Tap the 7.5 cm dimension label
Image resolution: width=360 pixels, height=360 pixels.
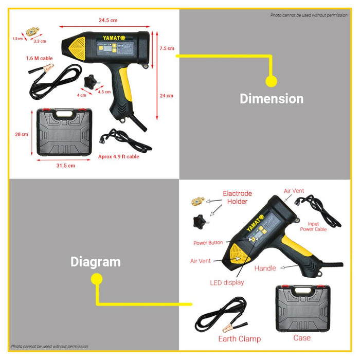pyautogui.click(x=166, y=48)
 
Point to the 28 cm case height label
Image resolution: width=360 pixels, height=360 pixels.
pyautogui.click(x=21, y=134)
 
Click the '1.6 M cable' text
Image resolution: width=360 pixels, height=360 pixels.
pyautogui.click(x=40, y=59)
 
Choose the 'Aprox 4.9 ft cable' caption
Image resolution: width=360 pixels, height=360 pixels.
pyautogui.click(x=118, y=156)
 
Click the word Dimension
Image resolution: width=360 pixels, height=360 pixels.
pyautogui.click(x=271, y=98)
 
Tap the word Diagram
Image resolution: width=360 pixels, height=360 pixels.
pyautogui.click(x=95, y=262)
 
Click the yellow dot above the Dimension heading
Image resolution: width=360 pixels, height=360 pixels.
pyautogui.click(x=271, y=81)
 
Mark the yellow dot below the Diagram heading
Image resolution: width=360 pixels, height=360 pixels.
pyautogui.click(x=96, y=279)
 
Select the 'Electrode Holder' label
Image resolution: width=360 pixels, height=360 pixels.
pyautogui.click(x=237, y=197)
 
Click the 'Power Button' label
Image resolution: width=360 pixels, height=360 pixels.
pyautogui.click(x=208, y=243)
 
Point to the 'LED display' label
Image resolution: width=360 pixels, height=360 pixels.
pyautogui.click(x=227, y=282)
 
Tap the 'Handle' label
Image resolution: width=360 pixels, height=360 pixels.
pyautogui.click(x=265, y=268)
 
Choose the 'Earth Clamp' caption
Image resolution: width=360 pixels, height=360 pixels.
pyautogui.click(x=239, y=338)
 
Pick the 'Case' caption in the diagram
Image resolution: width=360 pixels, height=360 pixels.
pyautogui.click(x=301, y=337)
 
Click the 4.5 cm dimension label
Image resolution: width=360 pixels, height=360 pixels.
pyautogui.click(x=104, y=92)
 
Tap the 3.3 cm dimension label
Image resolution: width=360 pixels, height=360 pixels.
pyautogui.click(x=40, y=41)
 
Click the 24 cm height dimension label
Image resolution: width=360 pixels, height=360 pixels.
pyautogui.click(x=166, y=96)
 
